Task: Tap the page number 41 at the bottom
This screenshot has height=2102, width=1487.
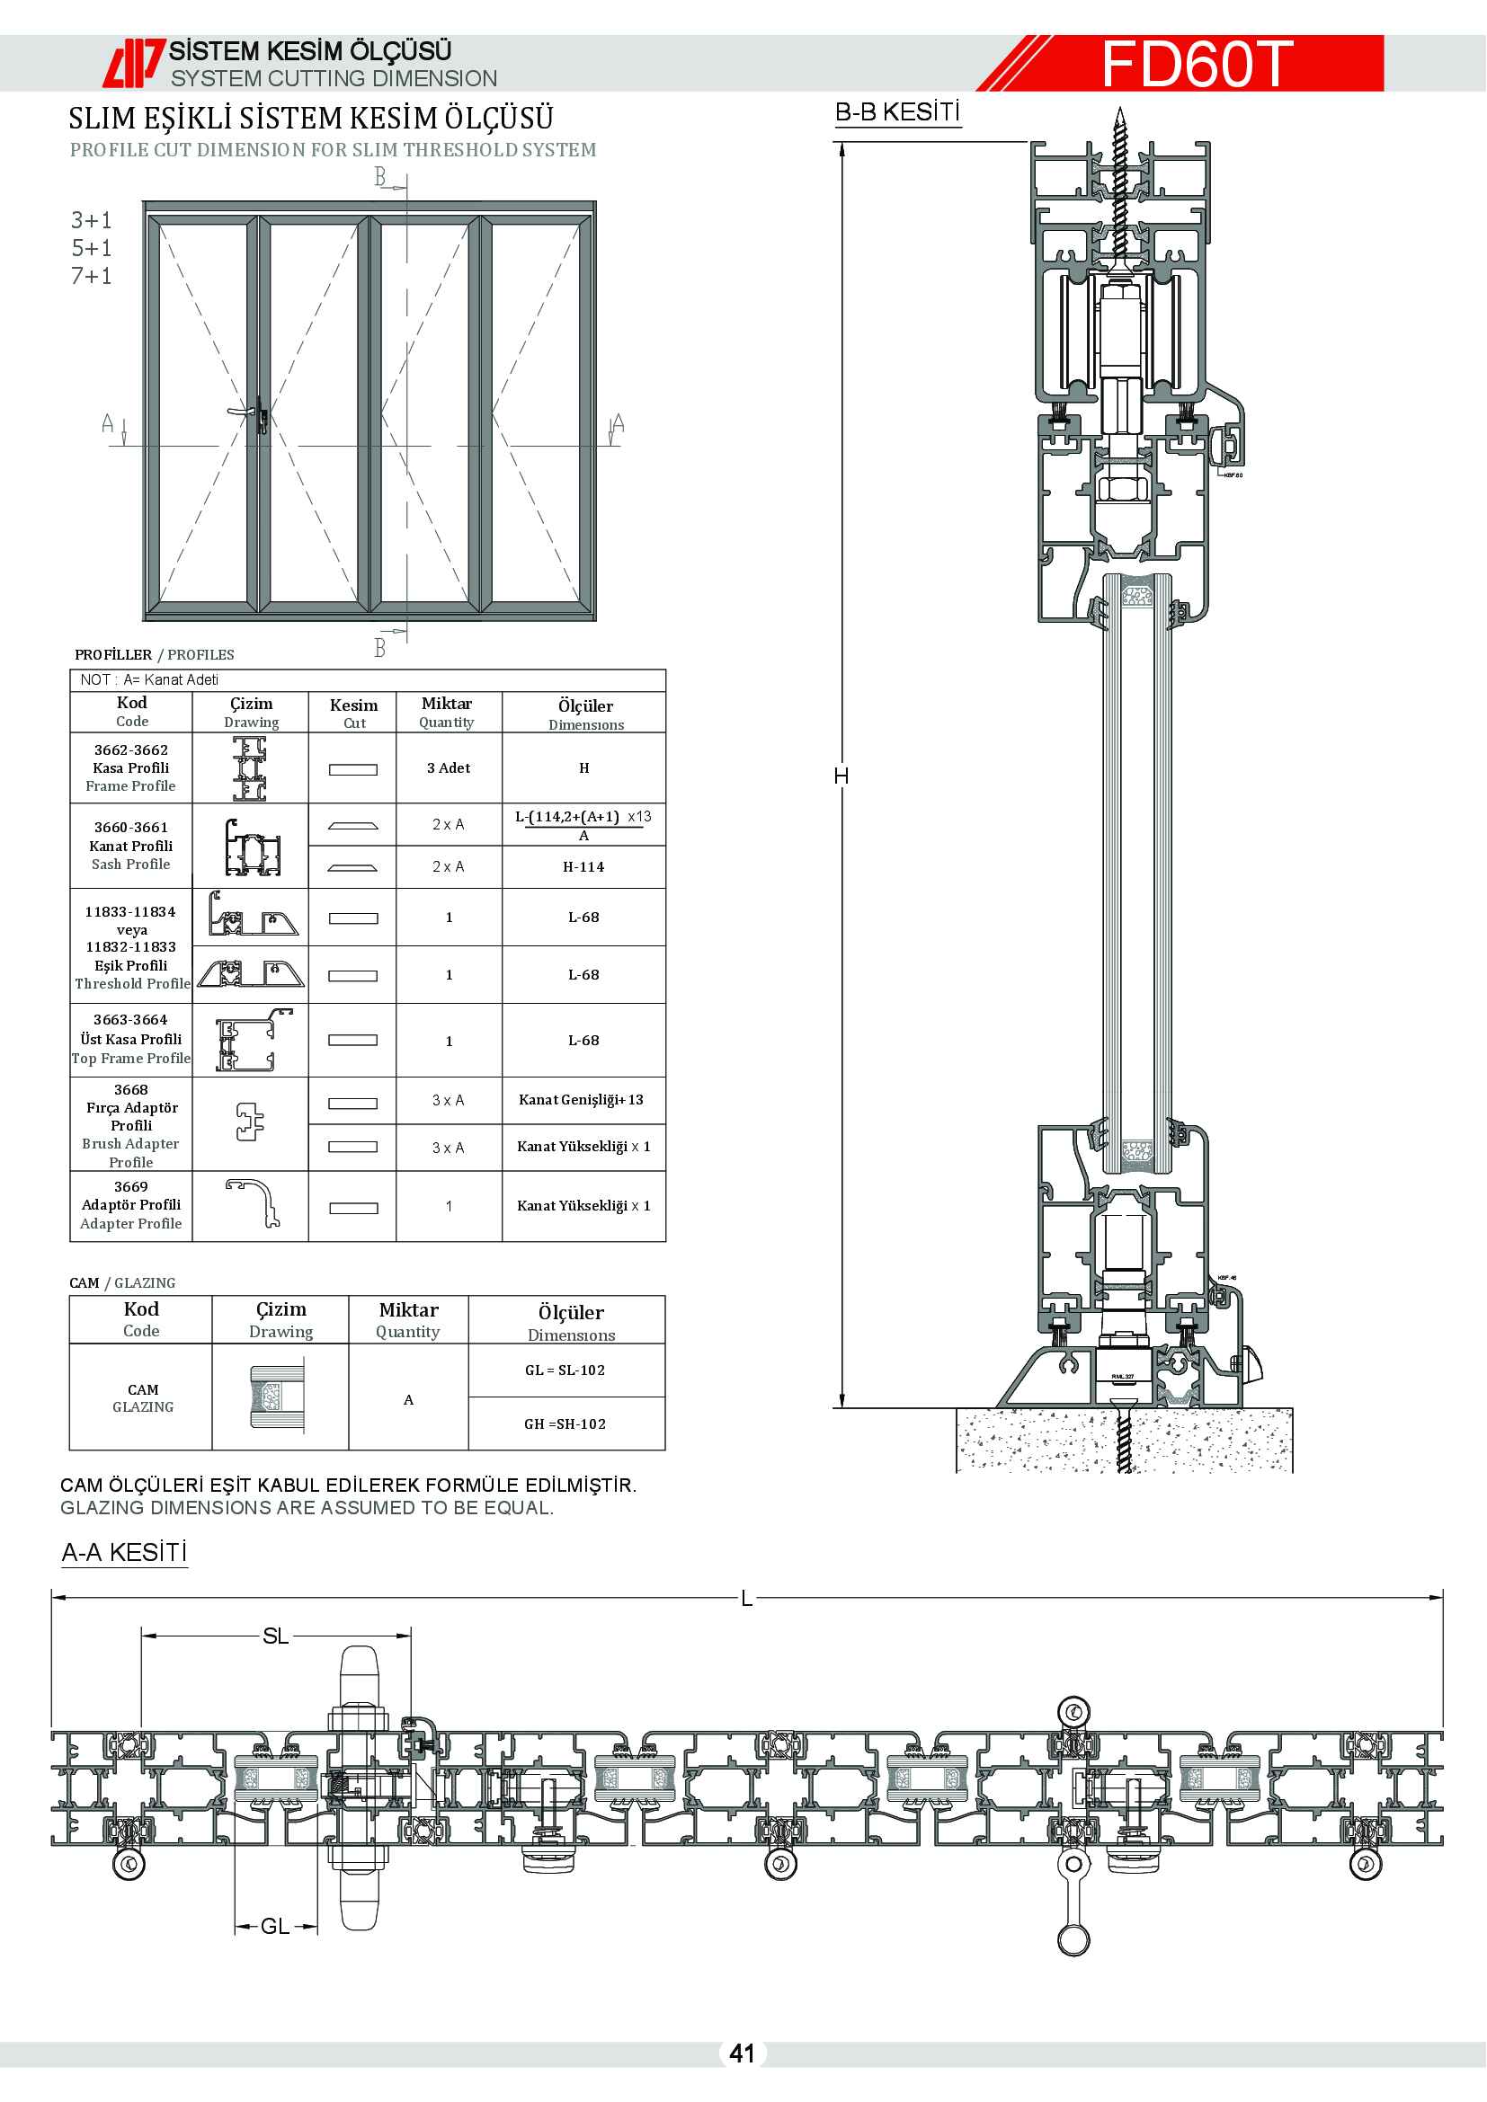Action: pos(742,2053)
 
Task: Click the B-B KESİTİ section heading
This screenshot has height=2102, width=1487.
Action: pos(896,112)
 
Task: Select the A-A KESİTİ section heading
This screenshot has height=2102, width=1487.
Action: pos(125,1553)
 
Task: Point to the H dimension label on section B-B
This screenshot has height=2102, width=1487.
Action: pos(841,776)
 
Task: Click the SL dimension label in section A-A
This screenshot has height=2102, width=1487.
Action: pos(275,1636)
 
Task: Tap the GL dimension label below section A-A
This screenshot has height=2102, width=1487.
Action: pos(275,1926)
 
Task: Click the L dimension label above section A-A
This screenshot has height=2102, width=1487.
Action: pos(746,1599)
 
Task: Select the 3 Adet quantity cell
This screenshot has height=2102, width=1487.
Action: pos(449,768)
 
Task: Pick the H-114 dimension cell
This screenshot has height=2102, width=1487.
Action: pos(583,867)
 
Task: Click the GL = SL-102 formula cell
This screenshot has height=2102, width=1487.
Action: pos(565,1370)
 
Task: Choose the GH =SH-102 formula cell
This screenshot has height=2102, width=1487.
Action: pos(565,1424)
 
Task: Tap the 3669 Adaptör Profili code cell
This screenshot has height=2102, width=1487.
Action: pos(131,1205)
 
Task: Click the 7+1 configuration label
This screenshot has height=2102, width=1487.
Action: pos(92,276)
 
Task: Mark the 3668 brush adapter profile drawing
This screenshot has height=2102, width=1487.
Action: pos(250,1122)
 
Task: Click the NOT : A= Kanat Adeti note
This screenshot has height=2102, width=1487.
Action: pos(149,679)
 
